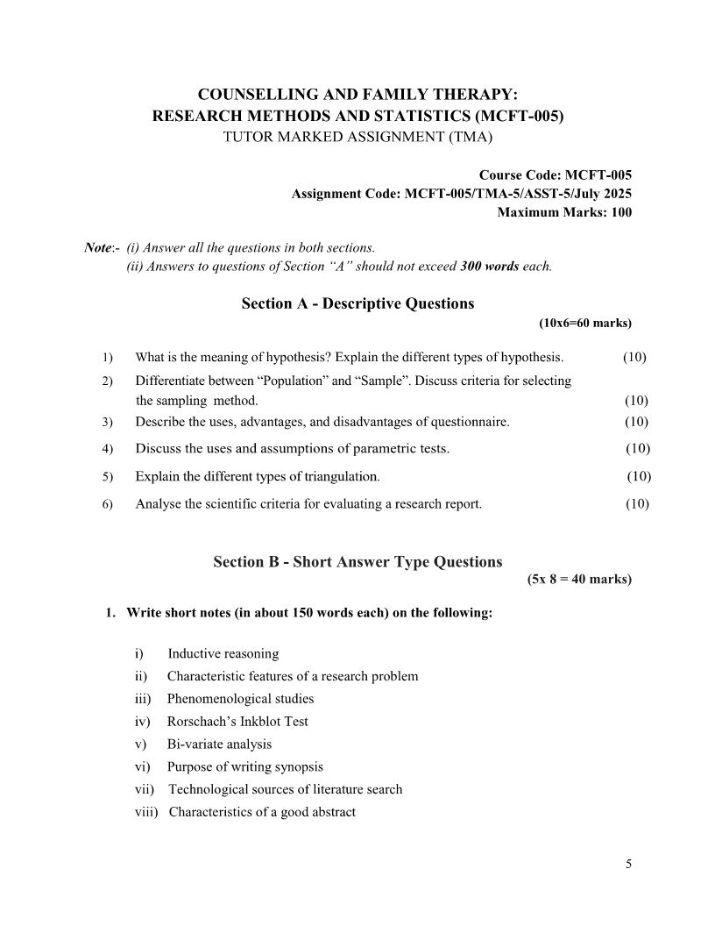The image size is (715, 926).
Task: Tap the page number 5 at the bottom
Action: (x=628, y=864)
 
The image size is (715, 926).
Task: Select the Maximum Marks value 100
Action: (x=619, y=212)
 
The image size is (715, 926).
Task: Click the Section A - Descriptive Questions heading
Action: (x=357, y=303)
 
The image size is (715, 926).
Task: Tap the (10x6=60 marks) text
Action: (x=584, y=323)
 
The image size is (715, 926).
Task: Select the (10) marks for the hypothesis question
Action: (x=635, y=357)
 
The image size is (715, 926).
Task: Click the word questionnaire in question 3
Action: (x=469, y=422)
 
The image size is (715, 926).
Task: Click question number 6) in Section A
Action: (x=108, y=504)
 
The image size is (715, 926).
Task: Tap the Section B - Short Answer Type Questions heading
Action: (x=357, y=562)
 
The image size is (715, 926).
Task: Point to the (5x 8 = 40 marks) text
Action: (x=578, y=580)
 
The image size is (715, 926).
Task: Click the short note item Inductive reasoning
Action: (x=223, y=653)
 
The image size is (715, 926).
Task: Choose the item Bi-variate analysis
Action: (x=219, y=744)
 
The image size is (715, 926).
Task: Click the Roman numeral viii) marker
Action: (x=145, y=812)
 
